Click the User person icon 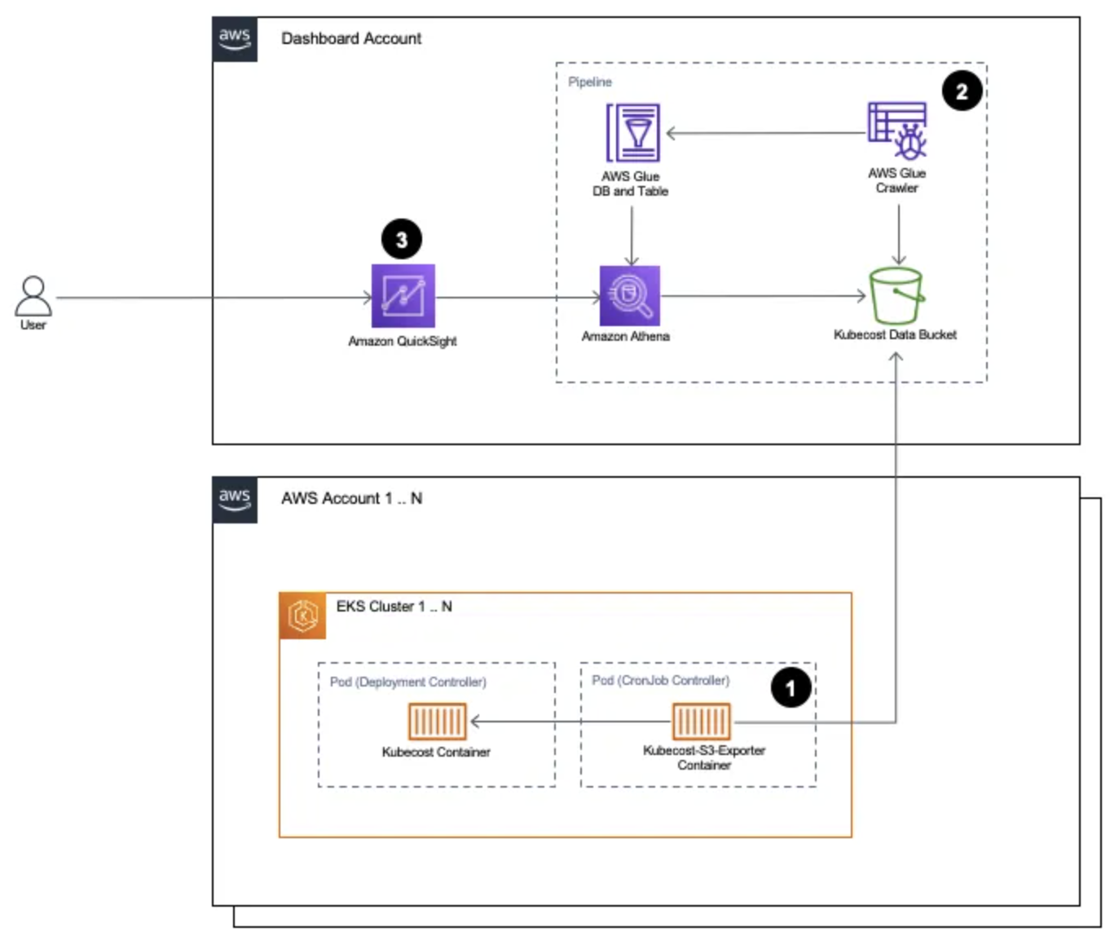[x=33, y=295]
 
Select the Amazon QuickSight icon [x=403, y=295]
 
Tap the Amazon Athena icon [x=629, y=295]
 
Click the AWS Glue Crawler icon [x=897, y=130]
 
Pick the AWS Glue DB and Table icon [x=632, y=133]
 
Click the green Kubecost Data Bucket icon [x=896, y=296]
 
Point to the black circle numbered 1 [x=791, y=687]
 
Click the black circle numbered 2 [x=962, y=91]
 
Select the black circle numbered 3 [x=401, y=240]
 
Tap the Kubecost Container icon [x=437, y=721]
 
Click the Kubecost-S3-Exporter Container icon [x=701, y=721]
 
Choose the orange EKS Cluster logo [x=303, y=616]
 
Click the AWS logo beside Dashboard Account [x=235, y=38]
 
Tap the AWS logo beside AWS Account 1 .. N [x=235, y=499]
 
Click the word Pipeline [x=589, y=82]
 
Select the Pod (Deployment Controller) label [x=407, y=682]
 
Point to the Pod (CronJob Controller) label [x=660, y=680]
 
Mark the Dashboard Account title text [x=351, y=38]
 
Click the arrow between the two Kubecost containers [x=570, y=721]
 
